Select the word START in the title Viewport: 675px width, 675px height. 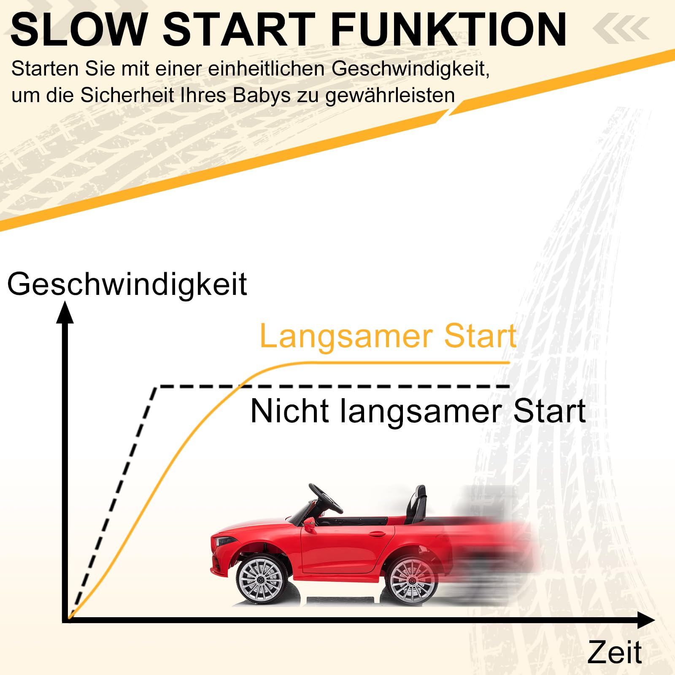(x=239, y=30)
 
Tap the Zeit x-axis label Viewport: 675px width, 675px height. (x=615, y=652)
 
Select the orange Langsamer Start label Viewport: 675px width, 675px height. (x=388, y=336)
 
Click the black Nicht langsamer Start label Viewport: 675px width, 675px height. (x=418, y=411)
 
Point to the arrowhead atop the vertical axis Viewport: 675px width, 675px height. (x=65, y=312)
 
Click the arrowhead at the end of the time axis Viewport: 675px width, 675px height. (x=646, y=620)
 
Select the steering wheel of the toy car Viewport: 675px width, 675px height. (x=325, y=498)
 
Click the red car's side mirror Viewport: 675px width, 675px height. (x=309, y=525)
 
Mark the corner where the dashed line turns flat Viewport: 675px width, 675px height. (x=157, y=387)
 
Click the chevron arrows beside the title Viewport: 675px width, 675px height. (x=621, y=29)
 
